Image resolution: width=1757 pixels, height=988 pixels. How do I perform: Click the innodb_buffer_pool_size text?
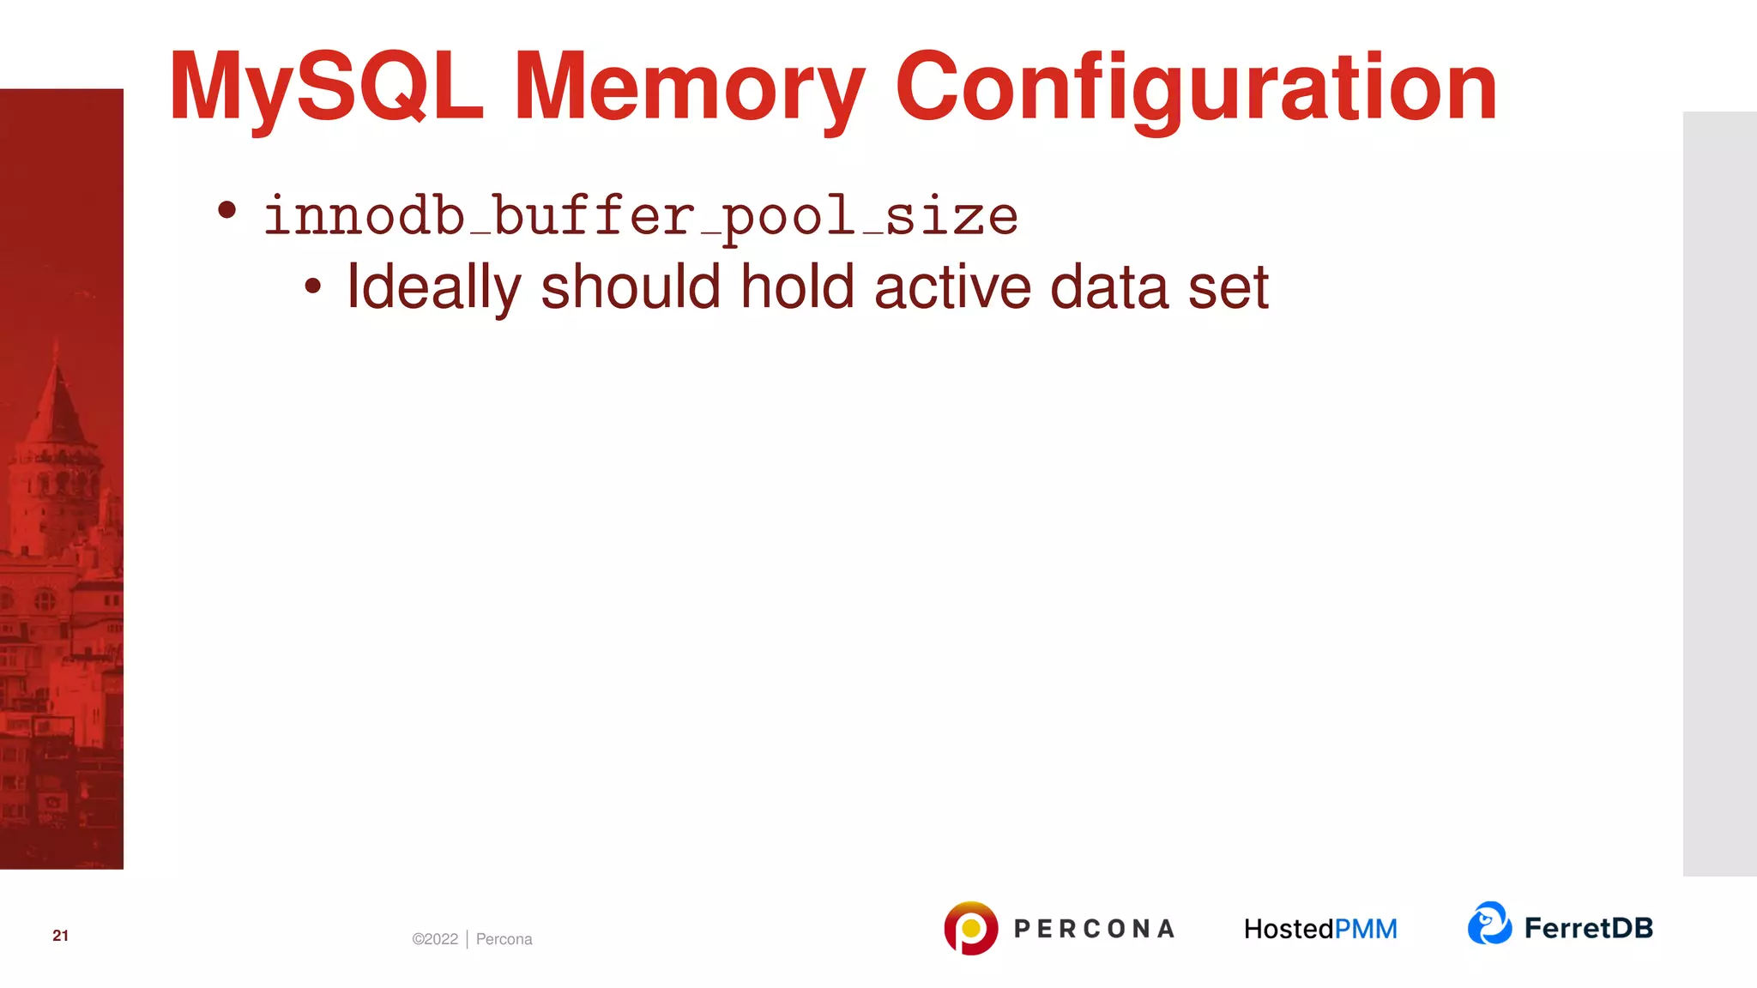(640, 216)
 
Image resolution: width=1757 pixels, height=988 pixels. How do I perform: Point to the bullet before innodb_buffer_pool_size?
(226, 210)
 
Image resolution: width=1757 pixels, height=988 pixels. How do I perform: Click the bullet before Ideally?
(313, 287)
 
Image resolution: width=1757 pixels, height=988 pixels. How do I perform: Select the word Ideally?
(433, 287)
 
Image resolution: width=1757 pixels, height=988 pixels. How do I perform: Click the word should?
(631, 287)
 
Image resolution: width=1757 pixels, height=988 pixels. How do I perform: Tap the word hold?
(797, 287)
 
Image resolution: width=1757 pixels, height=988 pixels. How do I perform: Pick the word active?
(952, 287)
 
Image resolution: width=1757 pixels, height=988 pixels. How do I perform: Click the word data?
(1109, 287)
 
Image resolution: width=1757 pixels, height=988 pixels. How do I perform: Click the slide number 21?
(60, 936)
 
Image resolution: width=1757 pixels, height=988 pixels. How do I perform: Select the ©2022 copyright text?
(435, 939)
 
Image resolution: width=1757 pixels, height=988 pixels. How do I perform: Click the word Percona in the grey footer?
(504, 939)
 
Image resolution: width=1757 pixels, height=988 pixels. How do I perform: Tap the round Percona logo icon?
(970, 928)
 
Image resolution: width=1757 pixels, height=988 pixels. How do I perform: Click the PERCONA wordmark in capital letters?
(1094, 929)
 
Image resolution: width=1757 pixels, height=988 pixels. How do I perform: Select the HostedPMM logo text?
(1320, 929)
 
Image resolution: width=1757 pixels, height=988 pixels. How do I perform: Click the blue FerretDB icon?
(1489, 924)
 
